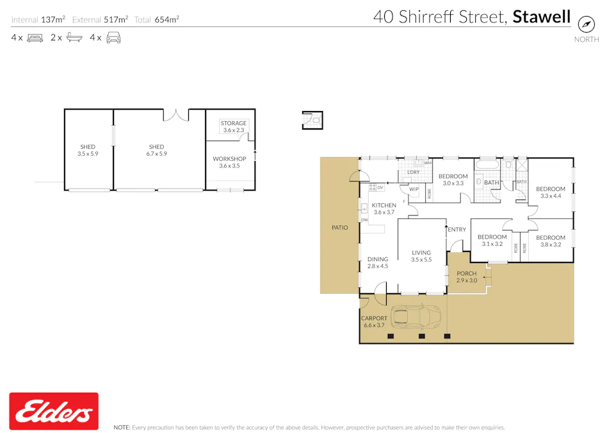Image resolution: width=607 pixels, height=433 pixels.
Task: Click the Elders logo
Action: (x=54, y=411)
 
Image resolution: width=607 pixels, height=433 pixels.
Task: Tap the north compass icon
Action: (x=587, y=24)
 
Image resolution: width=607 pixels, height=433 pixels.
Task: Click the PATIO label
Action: (x=339, y=228)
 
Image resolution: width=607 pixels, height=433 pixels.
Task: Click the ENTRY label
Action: (x=457, y=230)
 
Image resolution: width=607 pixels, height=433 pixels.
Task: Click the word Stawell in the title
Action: (x=541, y=17)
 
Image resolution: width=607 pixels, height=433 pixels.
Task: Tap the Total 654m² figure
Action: (x=157, y=20)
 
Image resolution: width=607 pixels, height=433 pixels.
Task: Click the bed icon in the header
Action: (x=35, y=38)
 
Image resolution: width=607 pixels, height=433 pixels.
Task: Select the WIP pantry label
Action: (x=414, y=189)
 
